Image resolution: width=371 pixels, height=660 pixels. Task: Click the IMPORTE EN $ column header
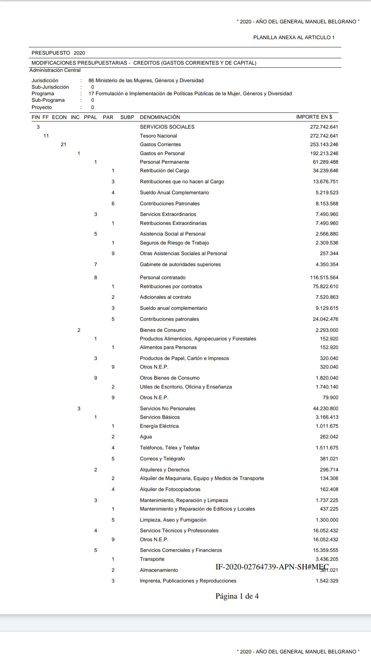(x=314, y=117)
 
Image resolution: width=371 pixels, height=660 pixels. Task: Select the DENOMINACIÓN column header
(x=160, y=117)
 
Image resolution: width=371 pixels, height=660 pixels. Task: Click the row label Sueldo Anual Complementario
(x=174, y=192)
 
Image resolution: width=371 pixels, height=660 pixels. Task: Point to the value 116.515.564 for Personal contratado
(x=324, y=277)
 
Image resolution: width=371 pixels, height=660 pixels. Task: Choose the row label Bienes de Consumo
(x=162, y=330)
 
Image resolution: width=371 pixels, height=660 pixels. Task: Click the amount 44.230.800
(x=325, y=408)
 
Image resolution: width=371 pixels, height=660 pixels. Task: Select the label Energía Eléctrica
(x=159, y=426)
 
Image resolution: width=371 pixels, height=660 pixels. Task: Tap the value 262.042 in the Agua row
(x=329, y=437)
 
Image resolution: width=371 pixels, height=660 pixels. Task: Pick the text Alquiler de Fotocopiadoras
(x=170, y=489)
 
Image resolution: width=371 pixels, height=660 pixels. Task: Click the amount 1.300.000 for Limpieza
(x=327, y=520)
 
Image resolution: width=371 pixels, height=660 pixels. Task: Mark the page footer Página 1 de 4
(x=237, y=596)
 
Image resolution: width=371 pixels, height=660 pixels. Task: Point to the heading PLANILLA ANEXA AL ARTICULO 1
(x=294, y=37)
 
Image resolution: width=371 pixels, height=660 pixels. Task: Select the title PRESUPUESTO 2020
(x=58, y=53)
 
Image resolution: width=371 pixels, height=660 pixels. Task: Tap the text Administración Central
(x=55, y=70)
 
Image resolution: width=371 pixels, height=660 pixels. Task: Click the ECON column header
(x=59, y=117)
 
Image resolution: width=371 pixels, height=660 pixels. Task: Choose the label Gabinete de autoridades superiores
(x=180, y=264)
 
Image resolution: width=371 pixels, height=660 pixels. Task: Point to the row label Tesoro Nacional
(x=158, y=136)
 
